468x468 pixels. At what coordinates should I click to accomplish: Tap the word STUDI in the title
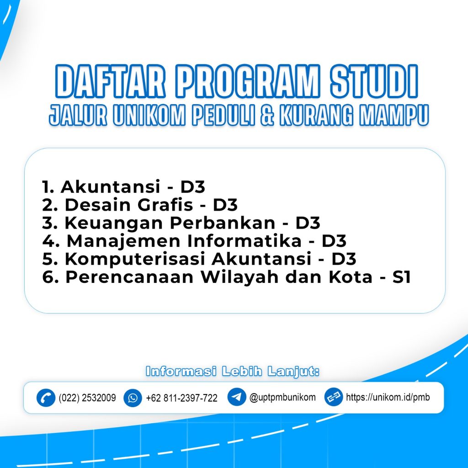tap(374, 81)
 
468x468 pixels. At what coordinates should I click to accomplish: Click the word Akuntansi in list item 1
tap(111, 187)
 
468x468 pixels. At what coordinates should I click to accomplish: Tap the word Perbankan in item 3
tap(223, 223)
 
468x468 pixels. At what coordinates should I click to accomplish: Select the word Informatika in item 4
tap(245, 241)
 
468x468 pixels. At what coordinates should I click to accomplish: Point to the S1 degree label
tap(402, 277)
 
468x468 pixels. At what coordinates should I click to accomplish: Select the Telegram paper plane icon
tap(237, 397)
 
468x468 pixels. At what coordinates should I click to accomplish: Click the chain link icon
tap(333, 397)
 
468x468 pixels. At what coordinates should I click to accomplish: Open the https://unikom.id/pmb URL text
tap(388, 397)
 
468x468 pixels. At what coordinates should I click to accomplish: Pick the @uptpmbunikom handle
tap(282, 398)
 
